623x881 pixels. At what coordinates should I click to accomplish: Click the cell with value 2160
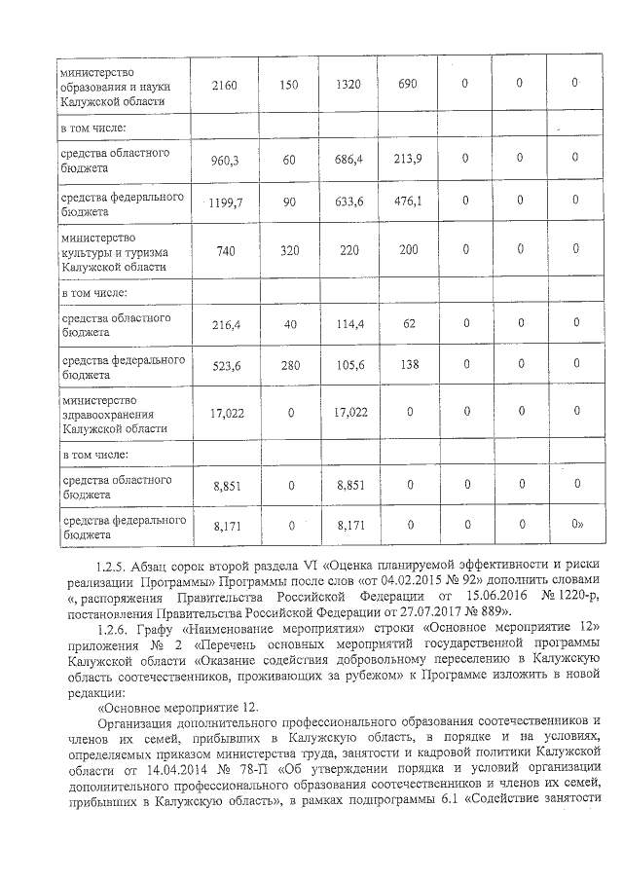coord(225,85)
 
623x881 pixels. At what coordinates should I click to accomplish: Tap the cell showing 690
coord(408,85)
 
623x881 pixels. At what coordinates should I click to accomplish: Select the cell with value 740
coord(225,250)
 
